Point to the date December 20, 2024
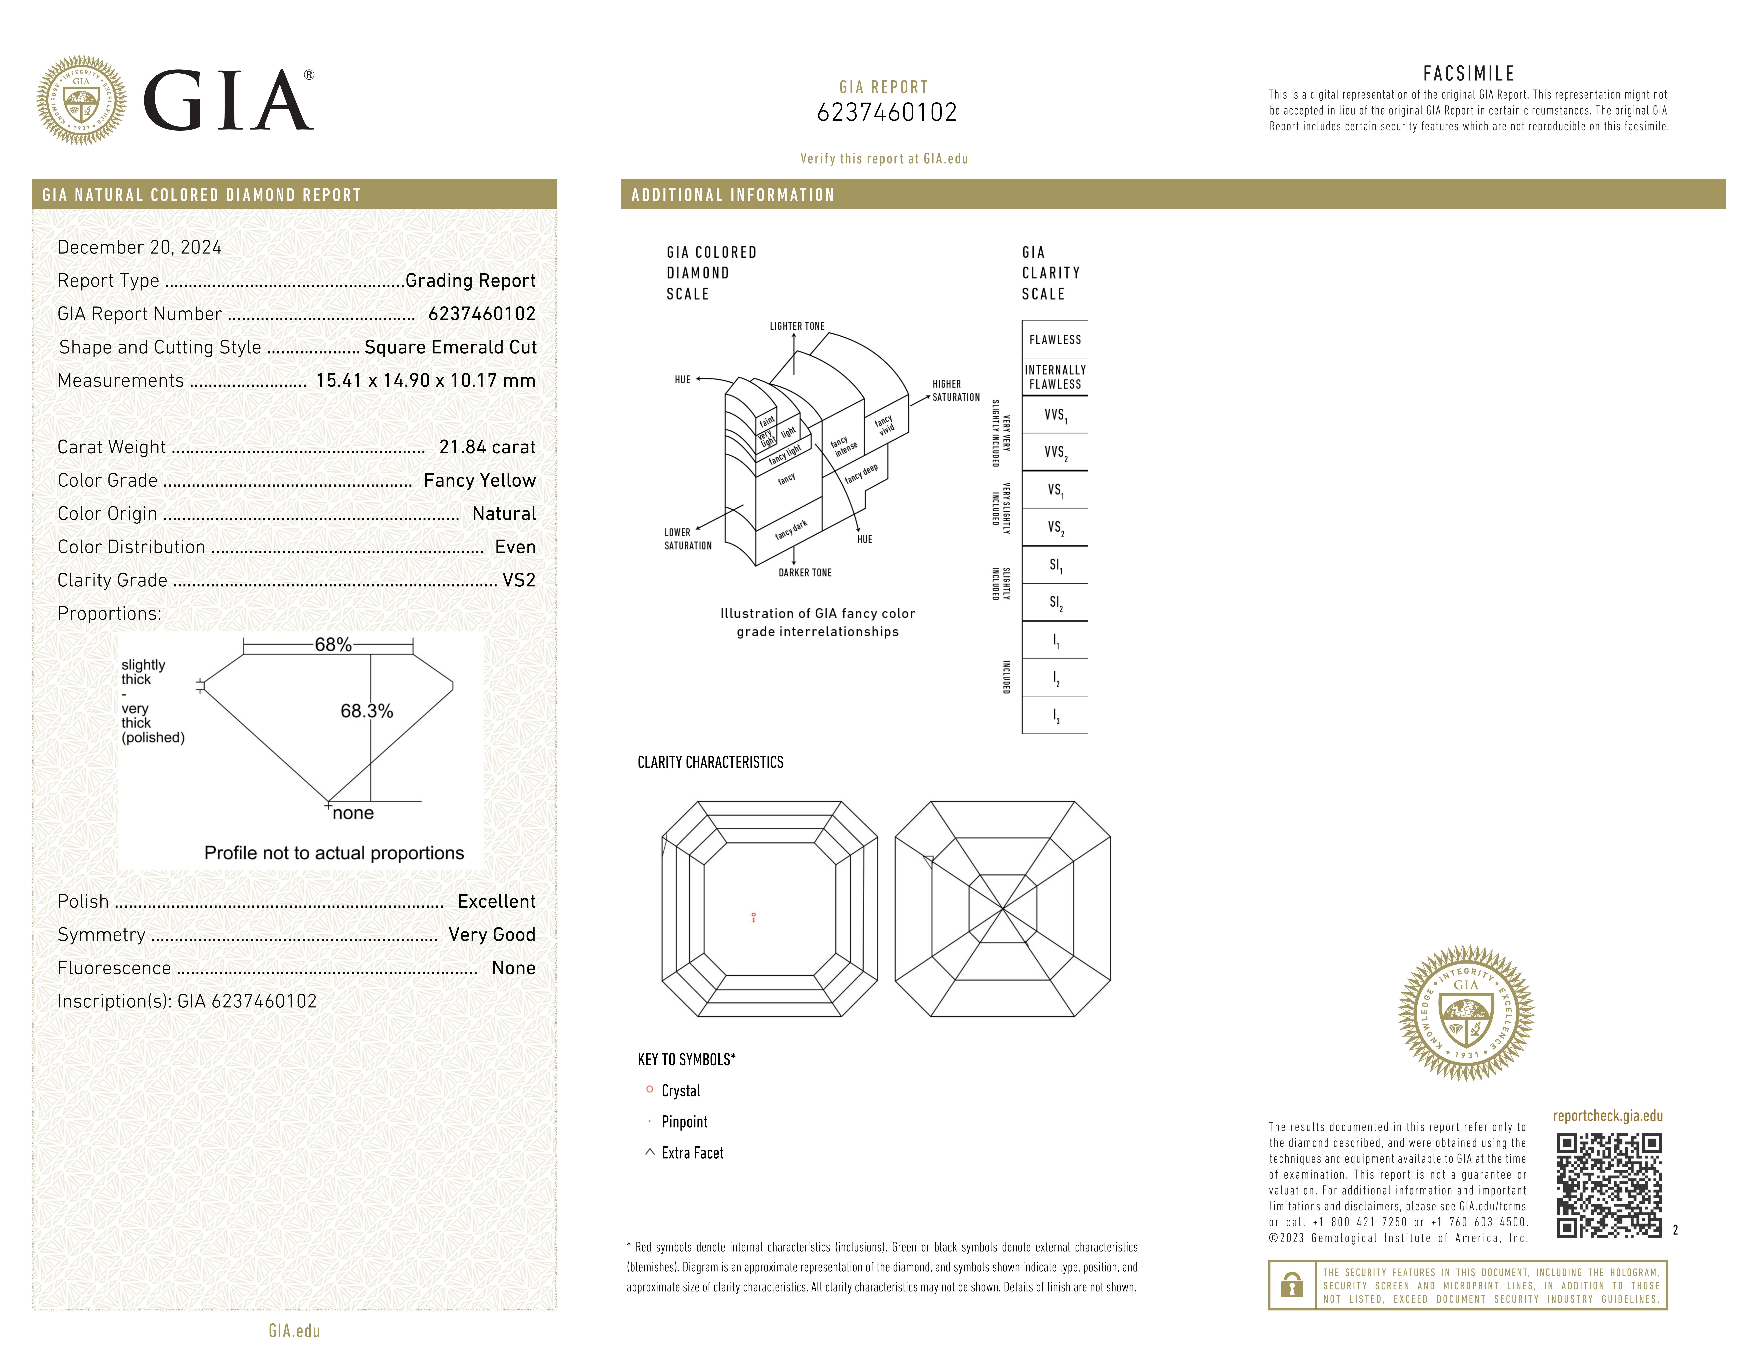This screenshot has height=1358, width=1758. (139, 247)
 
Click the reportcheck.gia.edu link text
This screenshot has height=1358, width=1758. (1607, 1116)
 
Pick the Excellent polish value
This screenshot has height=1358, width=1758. (496, 902)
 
